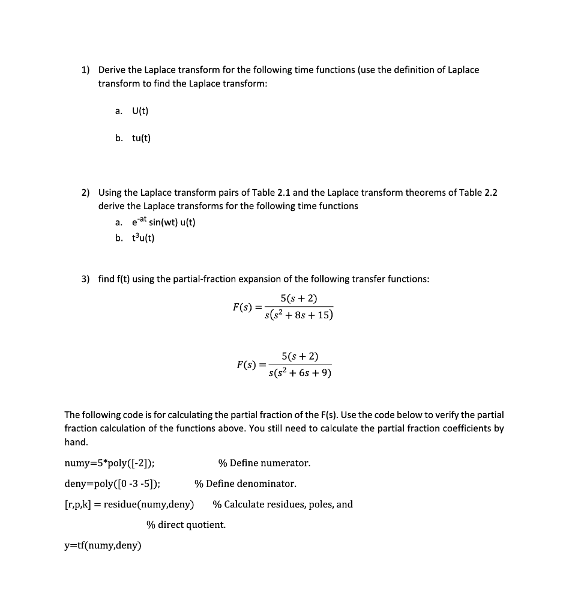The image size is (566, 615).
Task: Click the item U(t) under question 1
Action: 140,111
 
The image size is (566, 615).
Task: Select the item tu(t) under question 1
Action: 141,138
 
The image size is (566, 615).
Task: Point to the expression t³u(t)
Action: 143,238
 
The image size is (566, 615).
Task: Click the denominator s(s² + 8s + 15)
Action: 298,315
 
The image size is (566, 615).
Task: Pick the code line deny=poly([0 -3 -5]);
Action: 112,483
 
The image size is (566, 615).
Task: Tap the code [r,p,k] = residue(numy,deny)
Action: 129,504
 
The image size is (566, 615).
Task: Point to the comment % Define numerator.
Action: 264,463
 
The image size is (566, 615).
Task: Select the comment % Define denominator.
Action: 245,483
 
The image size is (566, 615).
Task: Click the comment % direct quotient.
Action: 186,525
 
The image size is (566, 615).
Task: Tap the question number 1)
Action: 85,70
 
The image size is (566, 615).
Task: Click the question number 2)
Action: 85,193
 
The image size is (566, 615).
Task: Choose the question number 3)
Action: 85,279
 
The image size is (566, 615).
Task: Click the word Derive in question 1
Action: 112,70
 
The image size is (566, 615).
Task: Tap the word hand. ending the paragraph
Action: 76,442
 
